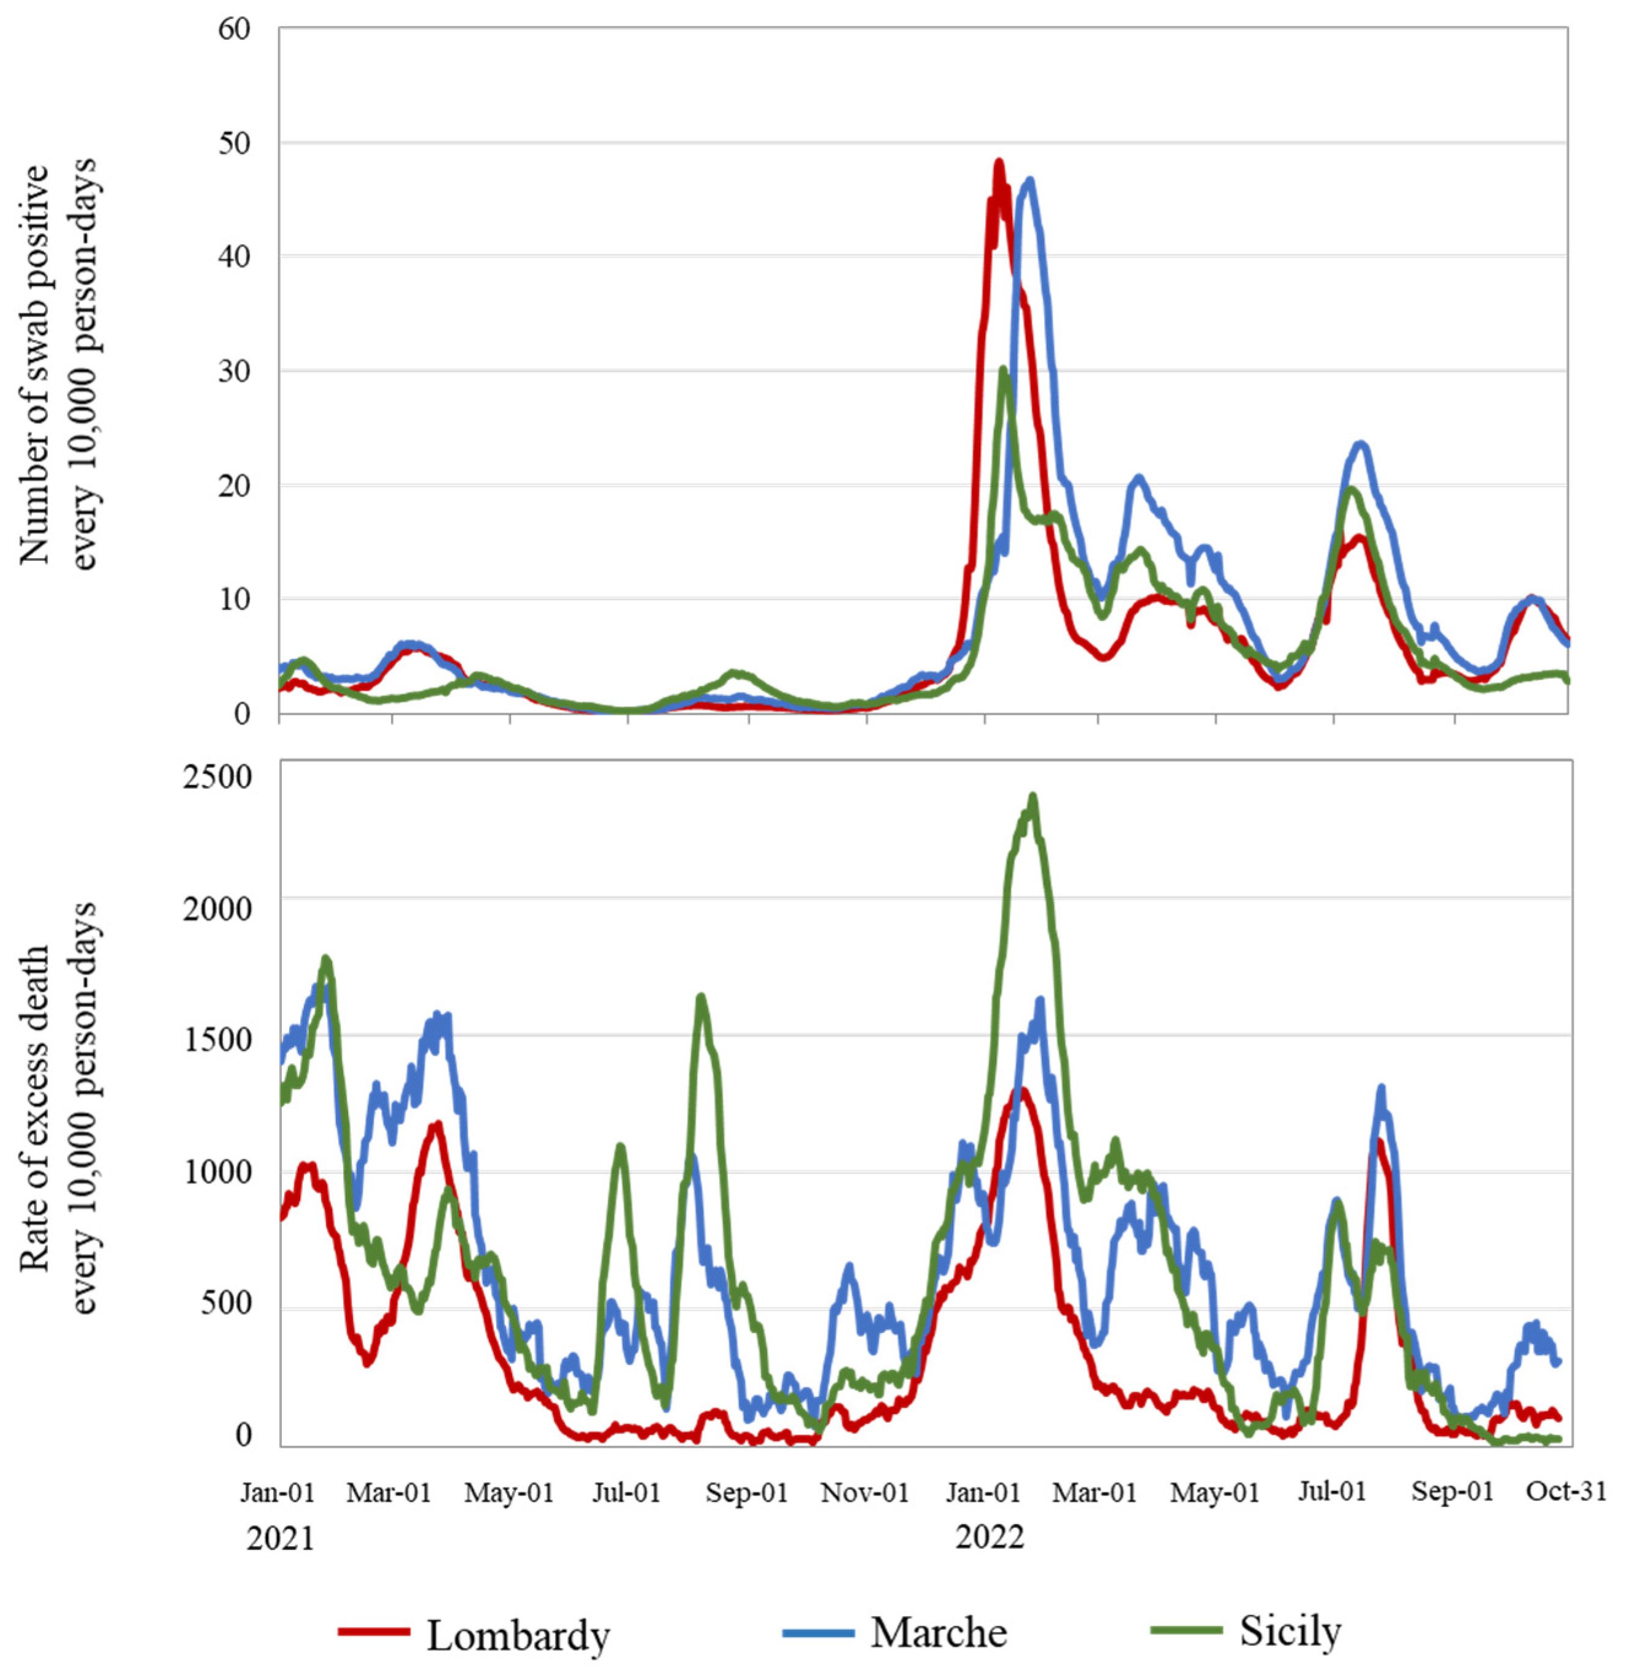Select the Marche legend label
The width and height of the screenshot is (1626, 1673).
pos(939,1633)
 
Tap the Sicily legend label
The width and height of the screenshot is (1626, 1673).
pos(1290,1631)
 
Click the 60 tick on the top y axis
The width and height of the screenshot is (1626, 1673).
pos(233,29)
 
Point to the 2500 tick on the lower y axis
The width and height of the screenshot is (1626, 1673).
pos(217,776)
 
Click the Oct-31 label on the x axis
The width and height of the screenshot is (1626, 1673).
pos(1566,1492)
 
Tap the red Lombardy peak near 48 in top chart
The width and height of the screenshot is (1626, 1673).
pos(998,162)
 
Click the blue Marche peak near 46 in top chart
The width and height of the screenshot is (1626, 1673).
pos(1030,180)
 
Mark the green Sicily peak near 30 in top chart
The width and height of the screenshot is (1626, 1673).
pos(1004,370)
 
